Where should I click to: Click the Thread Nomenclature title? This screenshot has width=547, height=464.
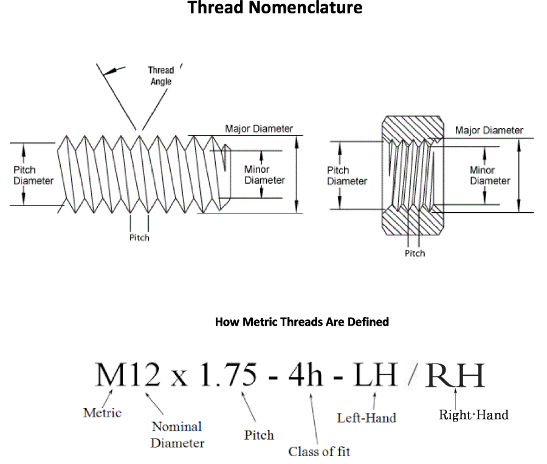275,9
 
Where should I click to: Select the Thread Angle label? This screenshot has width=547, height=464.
160,76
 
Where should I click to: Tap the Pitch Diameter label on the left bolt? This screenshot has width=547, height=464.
33,175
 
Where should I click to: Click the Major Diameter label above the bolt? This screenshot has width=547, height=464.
259,129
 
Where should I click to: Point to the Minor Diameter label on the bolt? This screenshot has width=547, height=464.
264,175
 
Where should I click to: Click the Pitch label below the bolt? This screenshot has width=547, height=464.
139,238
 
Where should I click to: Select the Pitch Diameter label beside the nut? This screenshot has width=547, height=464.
347,176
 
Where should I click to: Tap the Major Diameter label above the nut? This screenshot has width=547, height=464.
489,130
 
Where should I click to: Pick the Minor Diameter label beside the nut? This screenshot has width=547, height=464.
490,176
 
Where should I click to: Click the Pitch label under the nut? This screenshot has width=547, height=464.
415,253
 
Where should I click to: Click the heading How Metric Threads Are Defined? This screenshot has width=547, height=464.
301,322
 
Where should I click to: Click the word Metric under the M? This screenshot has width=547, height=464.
102,412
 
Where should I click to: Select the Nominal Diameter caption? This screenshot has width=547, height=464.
177,434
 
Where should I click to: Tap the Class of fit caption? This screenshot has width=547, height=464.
319,451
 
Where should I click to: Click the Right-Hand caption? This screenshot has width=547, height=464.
473,415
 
